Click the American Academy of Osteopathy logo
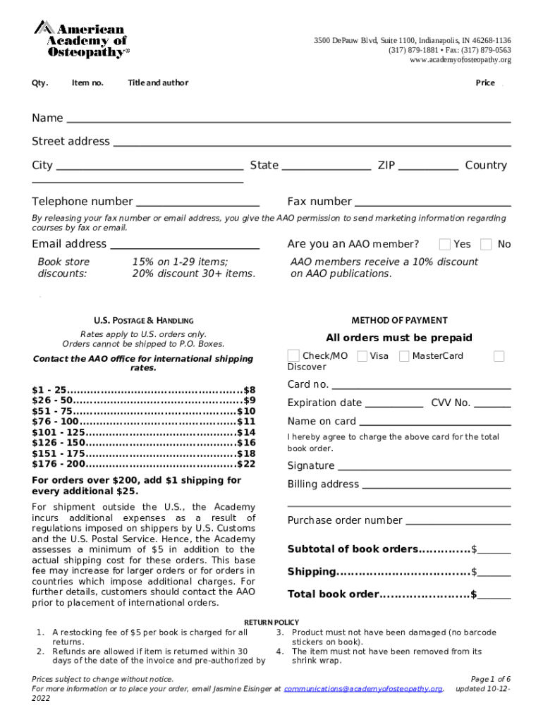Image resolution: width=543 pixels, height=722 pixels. pos(81,39)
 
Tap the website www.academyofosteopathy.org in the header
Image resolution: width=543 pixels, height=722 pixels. pos(460,60)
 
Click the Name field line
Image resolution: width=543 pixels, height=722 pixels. pos(288,119)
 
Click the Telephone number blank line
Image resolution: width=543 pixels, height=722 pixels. pos(197,202)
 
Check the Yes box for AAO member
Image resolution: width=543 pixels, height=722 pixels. pos(445,245)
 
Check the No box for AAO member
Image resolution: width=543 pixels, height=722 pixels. pos(486,245)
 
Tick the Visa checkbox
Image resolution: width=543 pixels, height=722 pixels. pos(362,356)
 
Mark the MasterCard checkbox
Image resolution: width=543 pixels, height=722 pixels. pos(404,356)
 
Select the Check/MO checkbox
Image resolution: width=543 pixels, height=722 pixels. pos(293,356)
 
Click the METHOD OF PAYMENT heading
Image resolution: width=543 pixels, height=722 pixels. pos(399,320)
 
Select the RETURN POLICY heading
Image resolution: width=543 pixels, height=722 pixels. pos(271,622)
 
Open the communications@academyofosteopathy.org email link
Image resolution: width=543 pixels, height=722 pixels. pos(363,688)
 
